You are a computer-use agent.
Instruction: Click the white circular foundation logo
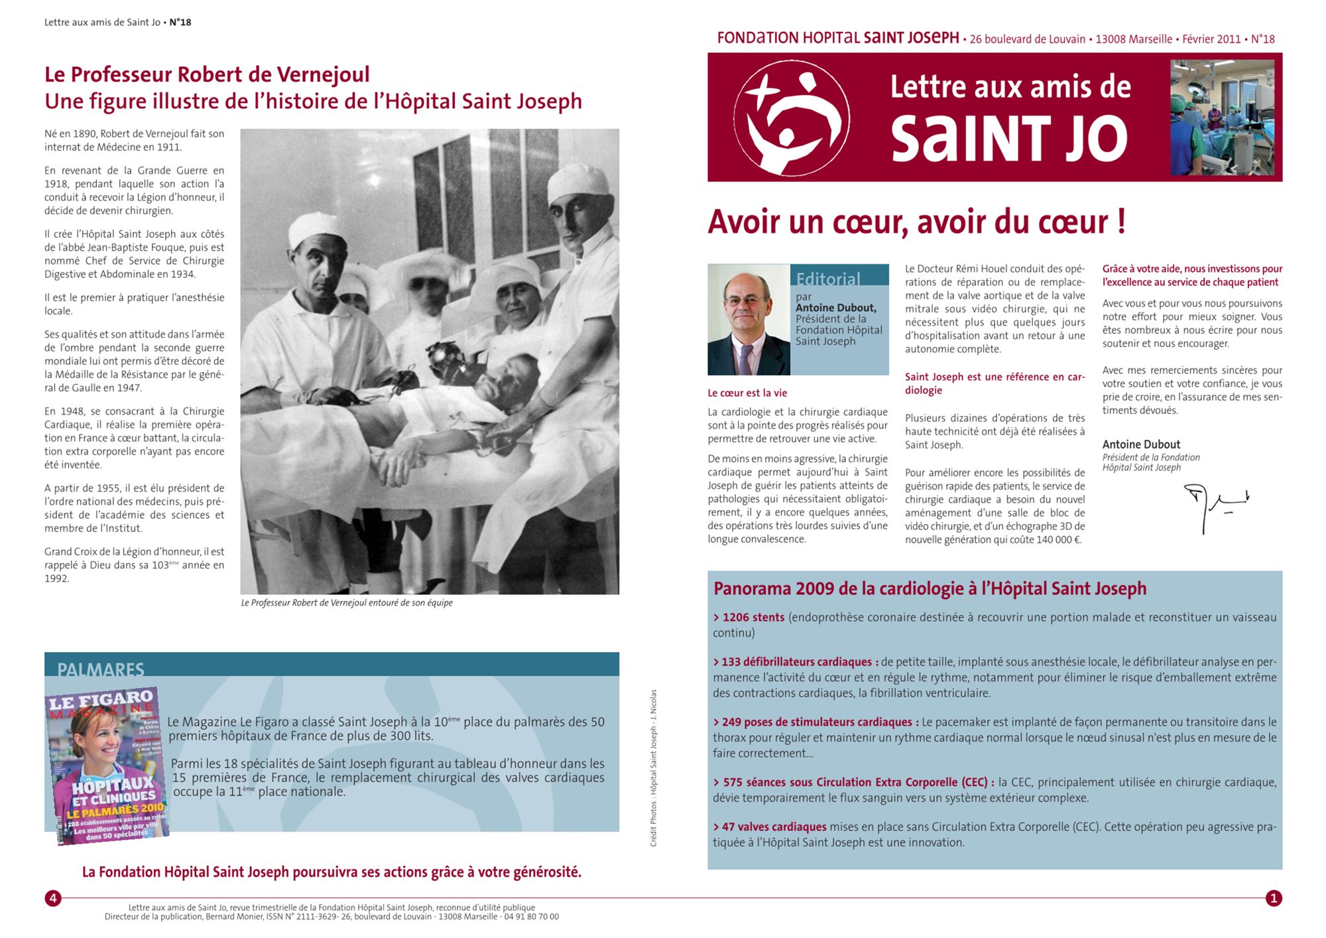[x=792, y=118]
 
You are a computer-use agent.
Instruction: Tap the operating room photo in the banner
[x=1222, y=117]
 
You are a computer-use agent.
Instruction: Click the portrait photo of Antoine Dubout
[x=749, y=320]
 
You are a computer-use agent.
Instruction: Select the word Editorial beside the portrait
[x=828, y=279]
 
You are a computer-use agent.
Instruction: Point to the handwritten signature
[x=1215, y=505]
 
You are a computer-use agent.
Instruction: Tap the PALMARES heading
[x=101, y=669]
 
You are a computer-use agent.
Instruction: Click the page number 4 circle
[x=53, y=898]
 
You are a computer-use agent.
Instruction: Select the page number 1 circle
[x=1273, y=898]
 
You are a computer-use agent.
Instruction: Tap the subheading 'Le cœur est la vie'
[x=747, y=393]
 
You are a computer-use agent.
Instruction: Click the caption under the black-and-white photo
[x=347, y=603]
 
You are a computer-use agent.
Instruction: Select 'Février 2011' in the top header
[x=1211, y=39]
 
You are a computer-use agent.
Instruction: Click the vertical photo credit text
[x=653, y=768]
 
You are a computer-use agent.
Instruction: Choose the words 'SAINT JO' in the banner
[x=1008, y=139]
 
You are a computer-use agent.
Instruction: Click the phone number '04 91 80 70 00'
[x=531, y=917]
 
